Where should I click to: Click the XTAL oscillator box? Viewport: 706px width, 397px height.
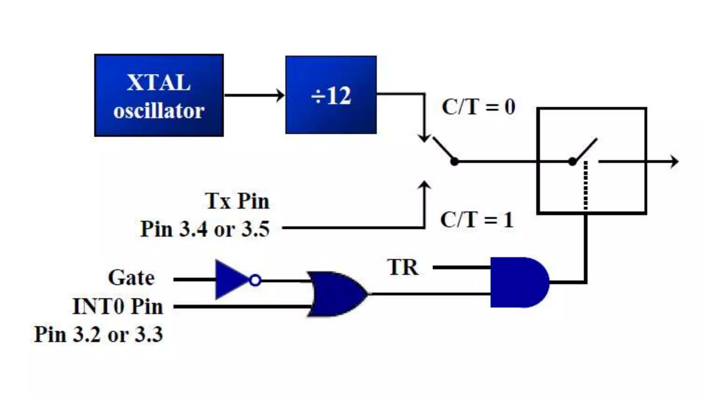[x=159, y=95]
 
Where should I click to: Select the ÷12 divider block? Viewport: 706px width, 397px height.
[x=331, y=95]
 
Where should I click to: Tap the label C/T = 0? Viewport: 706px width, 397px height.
[x=478, y=107]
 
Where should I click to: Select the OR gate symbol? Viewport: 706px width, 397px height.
[x=336, y=294]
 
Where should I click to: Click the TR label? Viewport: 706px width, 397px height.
[x=403, y=267]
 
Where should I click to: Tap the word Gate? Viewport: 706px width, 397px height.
[x=131, y=278]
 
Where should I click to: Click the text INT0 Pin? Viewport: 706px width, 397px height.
[x=118, y=306]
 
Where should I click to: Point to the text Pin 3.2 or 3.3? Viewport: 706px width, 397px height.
[x=99, y=334]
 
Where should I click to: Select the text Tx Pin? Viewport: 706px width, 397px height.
[x=237, y=201]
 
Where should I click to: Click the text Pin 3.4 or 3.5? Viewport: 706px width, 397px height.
[x=205, y=229]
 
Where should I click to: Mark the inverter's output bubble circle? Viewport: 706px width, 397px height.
[x=255, y=280]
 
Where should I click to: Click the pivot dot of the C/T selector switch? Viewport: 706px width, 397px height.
[x=454, y=161]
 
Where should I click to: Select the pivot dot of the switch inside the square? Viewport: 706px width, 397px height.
[x=572, y=161]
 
